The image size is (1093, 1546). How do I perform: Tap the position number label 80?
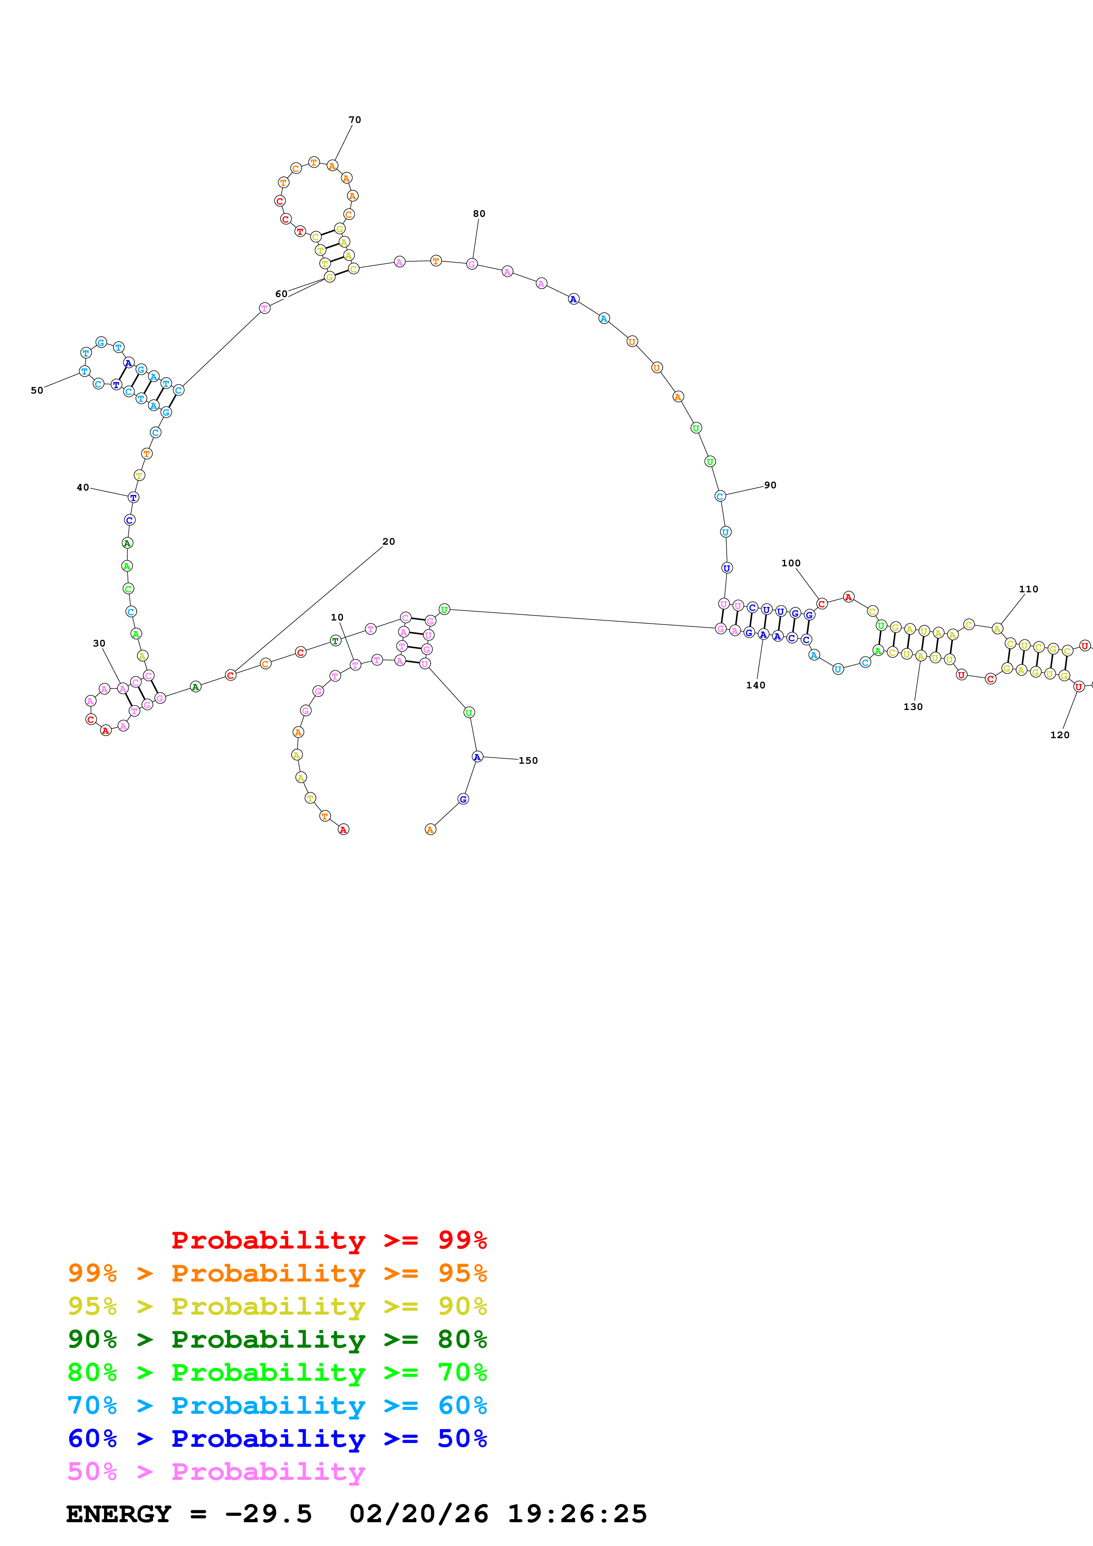click(479, 213)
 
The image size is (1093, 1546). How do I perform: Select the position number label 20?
click(388, 541)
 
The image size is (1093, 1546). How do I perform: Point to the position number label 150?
click(528, 761)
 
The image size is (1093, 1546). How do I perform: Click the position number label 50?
click(37, 390)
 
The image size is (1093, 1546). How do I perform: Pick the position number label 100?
click(791, 563)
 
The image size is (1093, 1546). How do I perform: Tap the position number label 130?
click(913, 706)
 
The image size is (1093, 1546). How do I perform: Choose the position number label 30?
click(99, 643)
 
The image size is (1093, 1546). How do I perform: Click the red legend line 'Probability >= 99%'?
click(328, 1240)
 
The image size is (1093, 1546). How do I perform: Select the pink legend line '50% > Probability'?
click(216, 1471)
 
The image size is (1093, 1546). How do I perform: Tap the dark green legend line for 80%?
click(277, 1339)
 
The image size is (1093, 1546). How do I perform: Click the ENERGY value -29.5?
click(268, 1514)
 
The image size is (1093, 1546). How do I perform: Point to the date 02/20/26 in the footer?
click(418, 1514)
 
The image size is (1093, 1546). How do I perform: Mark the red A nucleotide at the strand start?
click(343, 829)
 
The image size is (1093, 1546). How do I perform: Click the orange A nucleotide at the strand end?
click(430, 829)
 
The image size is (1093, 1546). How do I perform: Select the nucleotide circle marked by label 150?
click(477, 757)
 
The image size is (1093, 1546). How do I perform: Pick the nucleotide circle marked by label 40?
click(133, 498)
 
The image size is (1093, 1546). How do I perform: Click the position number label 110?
click(1028, 589)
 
